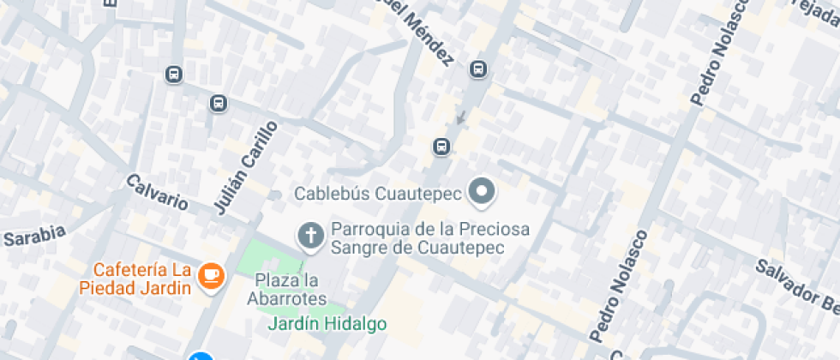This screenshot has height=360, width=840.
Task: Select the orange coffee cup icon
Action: point(210,276)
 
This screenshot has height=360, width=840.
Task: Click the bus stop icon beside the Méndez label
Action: point(478,69)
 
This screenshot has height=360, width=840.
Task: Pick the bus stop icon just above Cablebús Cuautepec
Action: point(441,147)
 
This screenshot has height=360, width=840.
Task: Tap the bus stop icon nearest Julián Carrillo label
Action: point(219,104)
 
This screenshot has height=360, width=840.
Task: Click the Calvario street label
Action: point(157,192)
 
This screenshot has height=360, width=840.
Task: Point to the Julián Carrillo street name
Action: point(246,166)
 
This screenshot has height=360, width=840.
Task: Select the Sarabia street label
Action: point(34,237)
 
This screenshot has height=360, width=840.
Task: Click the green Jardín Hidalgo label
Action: point(327,324)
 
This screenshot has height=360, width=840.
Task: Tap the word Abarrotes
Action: point(286,299)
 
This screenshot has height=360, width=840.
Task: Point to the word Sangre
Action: point(359,247)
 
